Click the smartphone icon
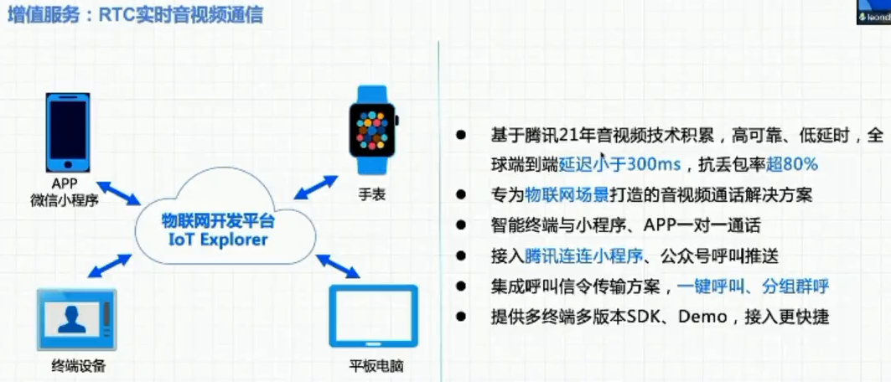pos(68,133)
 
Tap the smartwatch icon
pos(373,130)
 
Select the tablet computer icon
pos(373,316)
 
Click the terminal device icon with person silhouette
pos(77,319)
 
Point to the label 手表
pos(372,194)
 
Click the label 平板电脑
pos(376,365)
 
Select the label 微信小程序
pos(65,199)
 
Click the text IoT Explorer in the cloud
pos(218,239)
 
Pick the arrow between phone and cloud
pos(118,193)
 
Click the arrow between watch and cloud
pos(317,187)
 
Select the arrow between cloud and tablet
pos(338,266)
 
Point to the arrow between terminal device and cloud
pos(110,266)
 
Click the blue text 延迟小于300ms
pos(620,165)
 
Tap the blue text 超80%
pos(791,165)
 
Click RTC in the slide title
pos(115,15)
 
